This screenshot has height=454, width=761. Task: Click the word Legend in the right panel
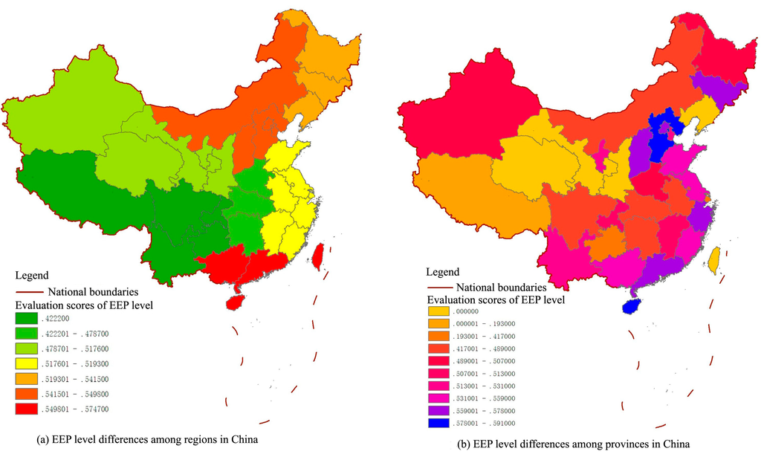point(443,272)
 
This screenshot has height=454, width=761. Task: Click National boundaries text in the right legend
point(502,287)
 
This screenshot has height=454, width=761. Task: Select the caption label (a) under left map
point(44,439)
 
